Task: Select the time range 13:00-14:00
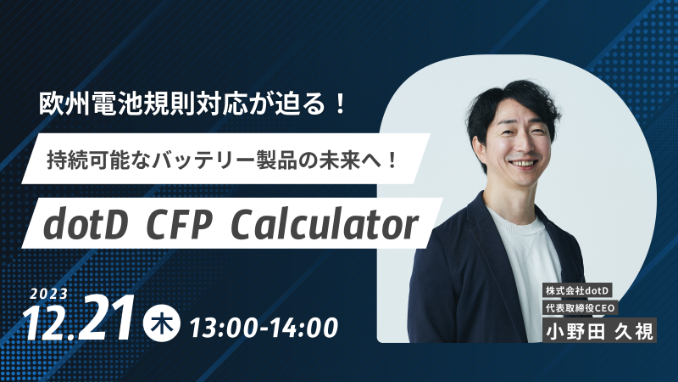pos(264,325)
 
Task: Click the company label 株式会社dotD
pos(579,292)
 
